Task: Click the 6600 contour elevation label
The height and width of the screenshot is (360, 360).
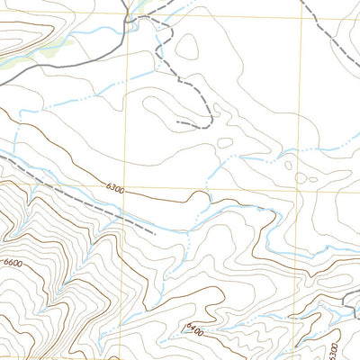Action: click(13, 262)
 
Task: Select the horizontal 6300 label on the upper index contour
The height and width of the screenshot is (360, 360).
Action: click(114, 188)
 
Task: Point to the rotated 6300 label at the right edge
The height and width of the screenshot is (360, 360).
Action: click(333, 348)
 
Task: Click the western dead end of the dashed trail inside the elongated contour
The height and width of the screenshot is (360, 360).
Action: click(177, 121)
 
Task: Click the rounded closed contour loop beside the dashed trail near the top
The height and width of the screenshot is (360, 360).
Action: click(187, 47)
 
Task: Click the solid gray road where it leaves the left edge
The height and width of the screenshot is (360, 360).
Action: click(3, 82)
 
